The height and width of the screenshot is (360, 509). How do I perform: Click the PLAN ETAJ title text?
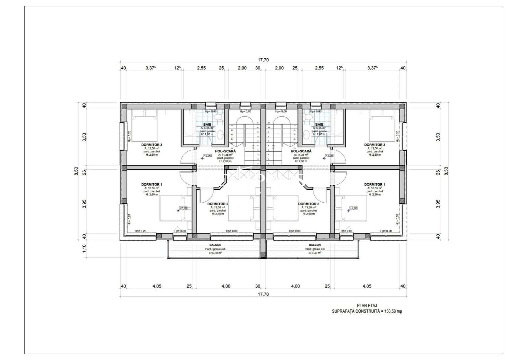click(367, 306)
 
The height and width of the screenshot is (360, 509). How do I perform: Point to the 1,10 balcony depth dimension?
click(84, 249)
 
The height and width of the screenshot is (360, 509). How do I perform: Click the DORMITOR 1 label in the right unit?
click(375, 184)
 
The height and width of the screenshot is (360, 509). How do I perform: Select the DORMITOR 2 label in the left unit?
click(218, 204)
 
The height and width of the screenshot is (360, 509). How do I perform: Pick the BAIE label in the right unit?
click(319, 124)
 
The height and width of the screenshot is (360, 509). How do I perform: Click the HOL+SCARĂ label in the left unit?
click(225, 151)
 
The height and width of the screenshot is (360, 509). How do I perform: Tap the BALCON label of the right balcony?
click(315, 245)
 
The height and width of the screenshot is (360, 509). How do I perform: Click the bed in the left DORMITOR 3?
click(144, 128)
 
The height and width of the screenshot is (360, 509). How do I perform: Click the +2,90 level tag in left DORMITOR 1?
click(183, 208)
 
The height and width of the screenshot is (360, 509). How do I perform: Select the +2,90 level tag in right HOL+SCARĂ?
click(329, 156)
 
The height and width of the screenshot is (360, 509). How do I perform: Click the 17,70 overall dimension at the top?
click(263, 60)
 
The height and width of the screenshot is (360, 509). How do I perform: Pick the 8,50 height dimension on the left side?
click(76, 171)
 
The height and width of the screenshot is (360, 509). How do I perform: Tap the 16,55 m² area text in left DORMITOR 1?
click(152, 188)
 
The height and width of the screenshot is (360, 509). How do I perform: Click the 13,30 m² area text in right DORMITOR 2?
click(308, 207)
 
